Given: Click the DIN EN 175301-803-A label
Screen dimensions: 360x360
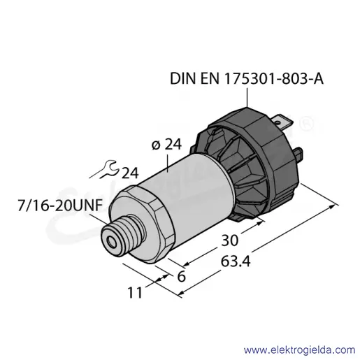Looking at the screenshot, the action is [x=247, y=79].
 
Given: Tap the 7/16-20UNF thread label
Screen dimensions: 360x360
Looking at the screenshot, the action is [x=60, y=206].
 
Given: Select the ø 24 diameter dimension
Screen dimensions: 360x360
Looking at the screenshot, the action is [x=166, y=145].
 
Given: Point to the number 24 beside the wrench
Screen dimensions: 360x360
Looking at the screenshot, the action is [x=130, y=173].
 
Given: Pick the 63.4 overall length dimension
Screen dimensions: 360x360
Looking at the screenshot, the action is [x=236, y=261].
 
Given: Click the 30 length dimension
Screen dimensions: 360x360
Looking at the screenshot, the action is [x=229, y=240].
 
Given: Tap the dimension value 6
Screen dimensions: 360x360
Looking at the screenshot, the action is [x=181, y=277].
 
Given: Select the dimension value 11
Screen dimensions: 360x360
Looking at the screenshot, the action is [x=135, y=292].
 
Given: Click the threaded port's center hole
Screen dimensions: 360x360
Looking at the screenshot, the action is [x=112, y=242].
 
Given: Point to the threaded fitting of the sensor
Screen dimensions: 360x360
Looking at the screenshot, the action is [x=123, y=236].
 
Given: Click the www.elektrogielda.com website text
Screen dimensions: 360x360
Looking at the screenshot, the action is [x=299, y=350].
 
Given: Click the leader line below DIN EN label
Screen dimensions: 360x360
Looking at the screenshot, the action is [x=247, y=96].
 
